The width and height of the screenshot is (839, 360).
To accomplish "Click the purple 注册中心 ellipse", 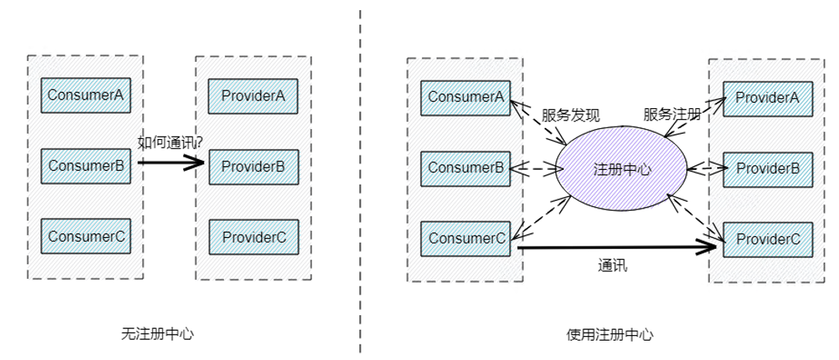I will point(621,168).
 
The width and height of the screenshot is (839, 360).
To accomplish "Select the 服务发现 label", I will point(571,115).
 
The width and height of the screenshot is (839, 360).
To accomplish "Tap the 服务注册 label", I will point(672,115).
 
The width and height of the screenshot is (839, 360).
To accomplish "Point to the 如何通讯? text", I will point(171,142).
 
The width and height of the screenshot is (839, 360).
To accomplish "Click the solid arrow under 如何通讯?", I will point(172,163).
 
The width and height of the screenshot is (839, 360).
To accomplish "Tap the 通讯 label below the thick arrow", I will point(613,266).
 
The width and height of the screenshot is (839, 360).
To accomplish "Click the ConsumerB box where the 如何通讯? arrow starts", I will point(87,165).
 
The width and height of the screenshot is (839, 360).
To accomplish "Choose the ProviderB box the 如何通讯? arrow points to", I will point(253,165).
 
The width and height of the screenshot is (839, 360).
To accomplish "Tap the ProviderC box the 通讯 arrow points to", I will point(768,239).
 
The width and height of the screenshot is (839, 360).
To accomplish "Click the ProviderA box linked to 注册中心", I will point(768,97).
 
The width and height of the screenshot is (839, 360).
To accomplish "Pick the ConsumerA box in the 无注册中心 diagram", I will point(87,95).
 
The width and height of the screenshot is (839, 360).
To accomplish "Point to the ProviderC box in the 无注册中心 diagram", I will point(253,236).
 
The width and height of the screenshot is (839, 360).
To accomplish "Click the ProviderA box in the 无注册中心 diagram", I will point(253,95).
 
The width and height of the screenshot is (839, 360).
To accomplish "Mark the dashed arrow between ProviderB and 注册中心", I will point(705,167).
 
